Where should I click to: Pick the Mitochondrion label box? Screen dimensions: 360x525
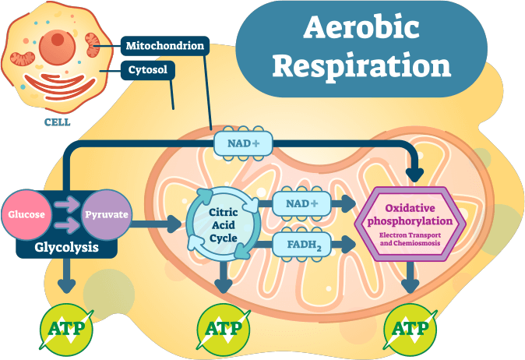coord(165,46)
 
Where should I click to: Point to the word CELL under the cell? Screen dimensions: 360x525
coord(57,122)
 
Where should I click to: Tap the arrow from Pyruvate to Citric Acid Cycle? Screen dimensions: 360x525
coord(160,225)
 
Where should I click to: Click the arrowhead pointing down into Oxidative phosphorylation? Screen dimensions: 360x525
coord(415,174)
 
